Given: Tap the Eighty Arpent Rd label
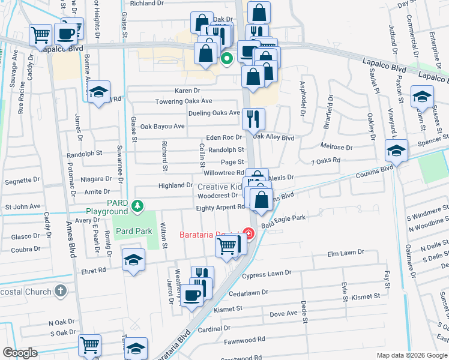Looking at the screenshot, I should (x=220, y=207).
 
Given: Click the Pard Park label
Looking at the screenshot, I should (x=133, y=231).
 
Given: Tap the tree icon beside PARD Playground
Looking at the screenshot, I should (x=139, y=207).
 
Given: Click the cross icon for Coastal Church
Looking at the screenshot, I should (x=59, y=291).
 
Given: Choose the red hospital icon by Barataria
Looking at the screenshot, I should (x=247, y=233).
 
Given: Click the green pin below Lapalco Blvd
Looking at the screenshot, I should (x=227, y=59).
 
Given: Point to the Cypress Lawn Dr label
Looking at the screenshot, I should (x=267, y=274).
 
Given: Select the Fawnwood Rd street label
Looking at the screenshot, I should (x=244, y=340).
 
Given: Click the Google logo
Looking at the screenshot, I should (x=20, y=353).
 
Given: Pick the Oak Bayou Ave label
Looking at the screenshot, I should (x=162, y=127).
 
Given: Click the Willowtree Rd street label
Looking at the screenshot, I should (x=223, y=173).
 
